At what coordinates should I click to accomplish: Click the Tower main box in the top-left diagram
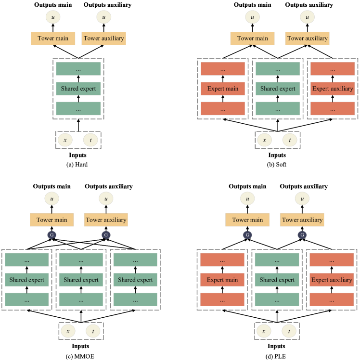(53, 39)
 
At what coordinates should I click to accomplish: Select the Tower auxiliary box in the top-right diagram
(307, 39)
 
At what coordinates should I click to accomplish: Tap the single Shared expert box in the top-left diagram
(78, 89)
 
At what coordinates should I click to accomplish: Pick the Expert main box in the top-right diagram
(222, 89)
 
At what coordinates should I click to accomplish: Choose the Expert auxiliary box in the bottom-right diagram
(332, 280)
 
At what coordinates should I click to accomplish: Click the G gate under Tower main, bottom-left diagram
(51, 235)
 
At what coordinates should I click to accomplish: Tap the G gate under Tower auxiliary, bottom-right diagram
(302, 235)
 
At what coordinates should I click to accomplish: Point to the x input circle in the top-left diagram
(65, 140)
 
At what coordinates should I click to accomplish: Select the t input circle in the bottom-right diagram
(289, 331)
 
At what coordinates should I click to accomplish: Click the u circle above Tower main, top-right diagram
(252, 18)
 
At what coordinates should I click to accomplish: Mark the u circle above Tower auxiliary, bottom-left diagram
(106, 198)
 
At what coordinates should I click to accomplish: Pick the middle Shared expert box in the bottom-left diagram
(81, 280)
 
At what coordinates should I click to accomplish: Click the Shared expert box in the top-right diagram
(277, 89)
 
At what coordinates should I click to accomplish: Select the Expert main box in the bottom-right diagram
(222, 280)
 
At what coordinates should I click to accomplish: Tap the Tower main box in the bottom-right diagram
(247, 220)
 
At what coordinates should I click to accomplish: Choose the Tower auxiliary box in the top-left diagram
(103, 39)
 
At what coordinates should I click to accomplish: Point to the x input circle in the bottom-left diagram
(68, 331)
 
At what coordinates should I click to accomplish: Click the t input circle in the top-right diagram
(289, 140)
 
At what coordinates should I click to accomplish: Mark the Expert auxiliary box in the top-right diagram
(333, 89)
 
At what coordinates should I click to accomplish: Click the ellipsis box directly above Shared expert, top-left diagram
(78, 69)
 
